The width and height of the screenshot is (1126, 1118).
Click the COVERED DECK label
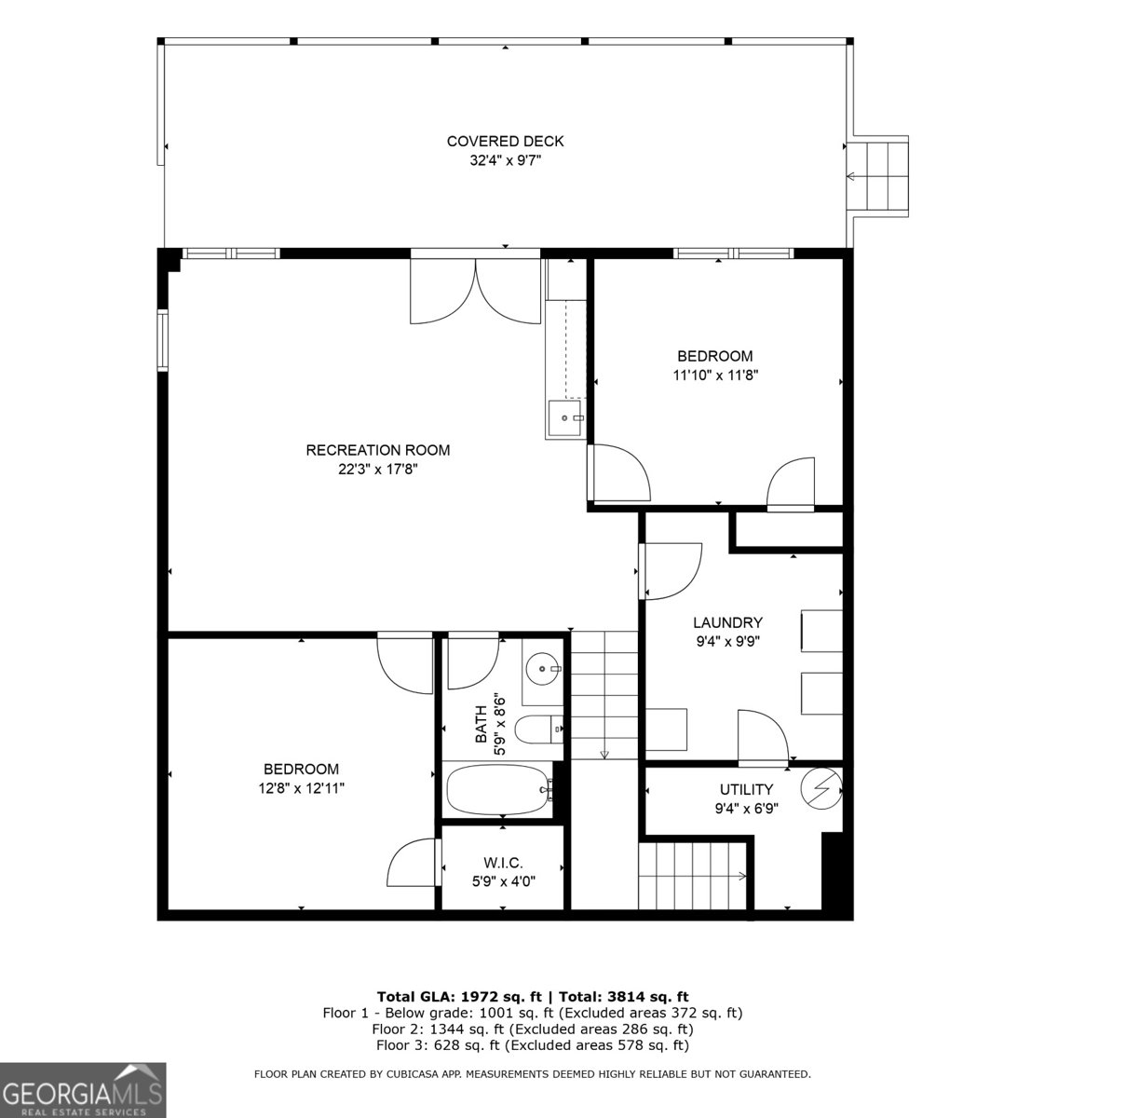click(505, 142)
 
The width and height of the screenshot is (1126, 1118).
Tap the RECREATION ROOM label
click(377, 450)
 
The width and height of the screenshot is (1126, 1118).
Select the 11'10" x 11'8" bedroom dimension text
click(714, 375)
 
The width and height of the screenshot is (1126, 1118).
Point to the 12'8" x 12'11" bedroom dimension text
click(301, 788)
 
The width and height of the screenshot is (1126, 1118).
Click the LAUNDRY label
click(727, 622)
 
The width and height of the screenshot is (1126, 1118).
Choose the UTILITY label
click(746, 789)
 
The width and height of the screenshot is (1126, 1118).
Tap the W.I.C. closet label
click(503, 863)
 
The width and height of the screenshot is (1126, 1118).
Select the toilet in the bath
click(539, 729)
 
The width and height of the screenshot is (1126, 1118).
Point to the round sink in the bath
click(542, 668)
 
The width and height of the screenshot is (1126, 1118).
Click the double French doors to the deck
click(475, 291)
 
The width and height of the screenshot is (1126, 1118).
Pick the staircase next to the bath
click(604, 694)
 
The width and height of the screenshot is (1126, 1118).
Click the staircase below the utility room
click(694, 875)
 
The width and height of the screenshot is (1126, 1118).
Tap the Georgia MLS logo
click(83, 1090)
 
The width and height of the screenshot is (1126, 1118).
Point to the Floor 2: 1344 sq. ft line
click(532, 1029)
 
